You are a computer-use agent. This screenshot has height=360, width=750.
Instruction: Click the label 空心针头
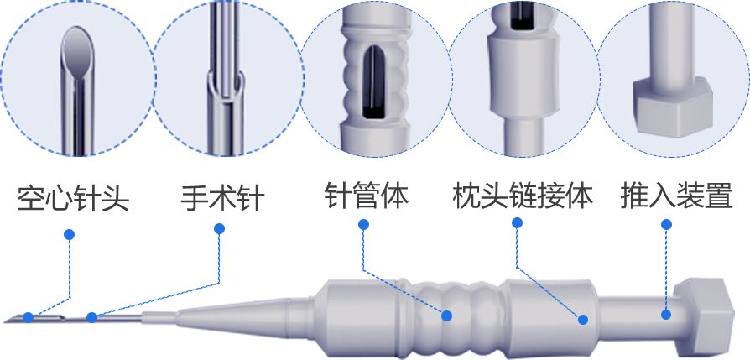(73, 198)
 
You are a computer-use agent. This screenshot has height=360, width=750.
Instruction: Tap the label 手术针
(222, 198)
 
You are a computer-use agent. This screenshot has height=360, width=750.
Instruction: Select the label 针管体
(367, 195)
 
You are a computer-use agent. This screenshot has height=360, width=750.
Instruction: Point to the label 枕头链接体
(523, 195)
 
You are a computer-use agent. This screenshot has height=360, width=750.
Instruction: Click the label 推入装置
(676, 195)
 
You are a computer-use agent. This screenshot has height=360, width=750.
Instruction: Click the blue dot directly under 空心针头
(70, 235)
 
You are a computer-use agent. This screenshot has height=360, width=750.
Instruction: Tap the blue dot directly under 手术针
(220, 229)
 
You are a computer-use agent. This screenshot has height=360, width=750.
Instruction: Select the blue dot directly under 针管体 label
(363, 225)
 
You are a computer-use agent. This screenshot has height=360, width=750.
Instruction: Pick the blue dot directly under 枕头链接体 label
(517, 222)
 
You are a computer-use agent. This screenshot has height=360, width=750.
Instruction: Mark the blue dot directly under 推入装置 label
(666, 225)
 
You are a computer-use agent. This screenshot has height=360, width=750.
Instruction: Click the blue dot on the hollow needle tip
(29, 317)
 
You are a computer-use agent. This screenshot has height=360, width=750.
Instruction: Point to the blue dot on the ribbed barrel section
(447, 316)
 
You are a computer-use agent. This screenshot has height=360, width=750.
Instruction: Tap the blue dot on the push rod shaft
(666, 315)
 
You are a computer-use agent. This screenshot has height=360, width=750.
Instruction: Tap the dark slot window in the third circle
(373, 83)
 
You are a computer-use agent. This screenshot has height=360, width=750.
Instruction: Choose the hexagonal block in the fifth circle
(673, 108)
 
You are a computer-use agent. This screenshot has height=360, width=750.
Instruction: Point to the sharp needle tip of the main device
(5, 321)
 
